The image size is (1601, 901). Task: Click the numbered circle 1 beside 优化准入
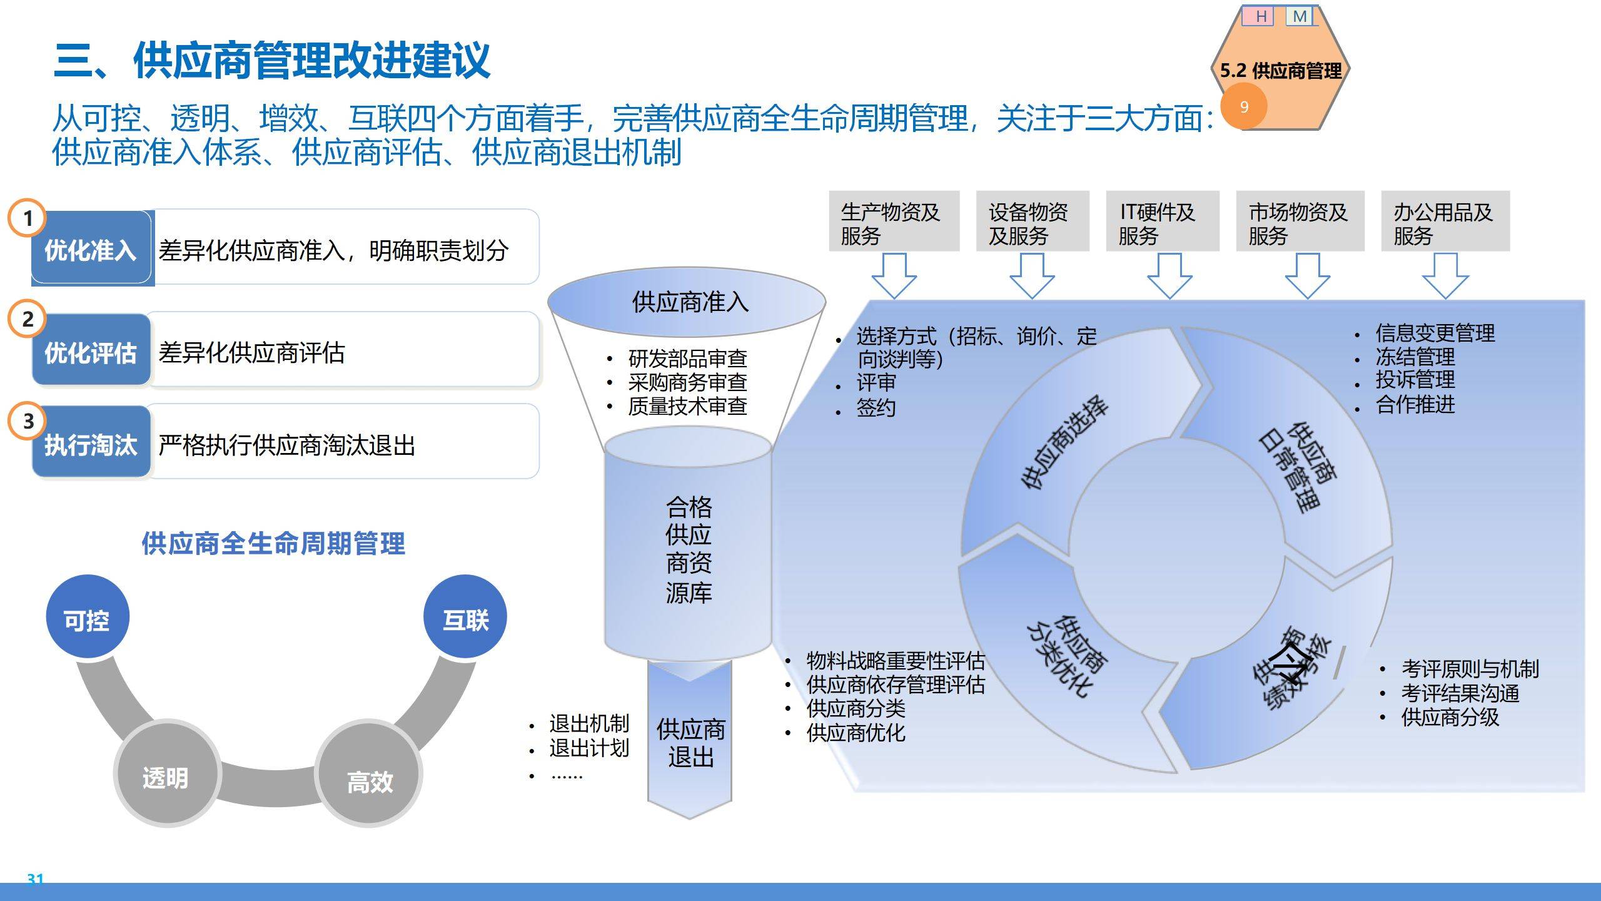pos(28,218)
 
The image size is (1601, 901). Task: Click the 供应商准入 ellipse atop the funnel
pos(688,302)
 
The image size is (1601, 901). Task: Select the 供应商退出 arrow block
pos(690,742)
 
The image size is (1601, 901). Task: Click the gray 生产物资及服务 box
pos(893,221)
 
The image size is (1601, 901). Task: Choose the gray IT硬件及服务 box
pos(1162,221)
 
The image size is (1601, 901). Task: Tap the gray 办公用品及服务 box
pos(1445,221)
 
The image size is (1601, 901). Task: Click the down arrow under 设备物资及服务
pos(1032,275)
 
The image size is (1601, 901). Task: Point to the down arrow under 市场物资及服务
pos(1307,275)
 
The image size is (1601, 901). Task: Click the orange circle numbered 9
pos(1244,107)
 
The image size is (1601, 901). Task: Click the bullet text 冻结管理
pos(1415,357)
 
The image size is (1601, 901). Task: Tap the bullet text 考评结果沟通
pos(1460,693)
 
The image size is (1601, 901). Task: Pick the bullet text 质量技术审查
pos(687,405)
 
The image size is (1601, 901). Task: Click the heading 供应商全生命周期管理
pos(273,543)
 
